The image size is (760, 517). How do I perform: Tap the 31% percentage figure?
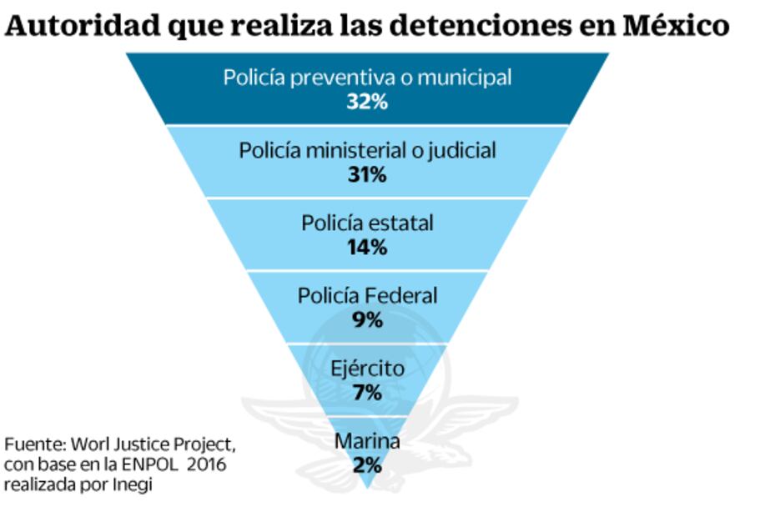367,174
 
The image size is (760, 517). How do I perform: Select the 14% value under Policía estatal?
367,247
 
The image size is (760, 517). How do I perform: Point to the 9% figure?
367,319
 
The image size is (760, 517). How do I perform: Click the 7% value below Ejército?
367,392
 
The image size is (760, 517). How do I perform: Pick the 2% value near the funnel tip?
367,464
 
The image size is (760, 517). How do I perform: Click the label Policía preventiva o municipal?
367,78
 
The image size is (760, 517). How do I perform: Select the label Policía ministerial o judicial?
367,150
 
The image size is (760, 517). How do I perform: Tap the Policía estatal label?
367,223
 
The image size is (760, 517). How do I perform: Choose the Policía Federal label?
367,295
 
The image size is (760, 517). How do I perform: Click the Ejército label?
367,368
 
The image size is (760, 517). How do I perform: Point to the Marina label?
367,441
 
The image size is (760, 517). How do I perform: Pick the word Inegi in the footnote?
133,484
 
